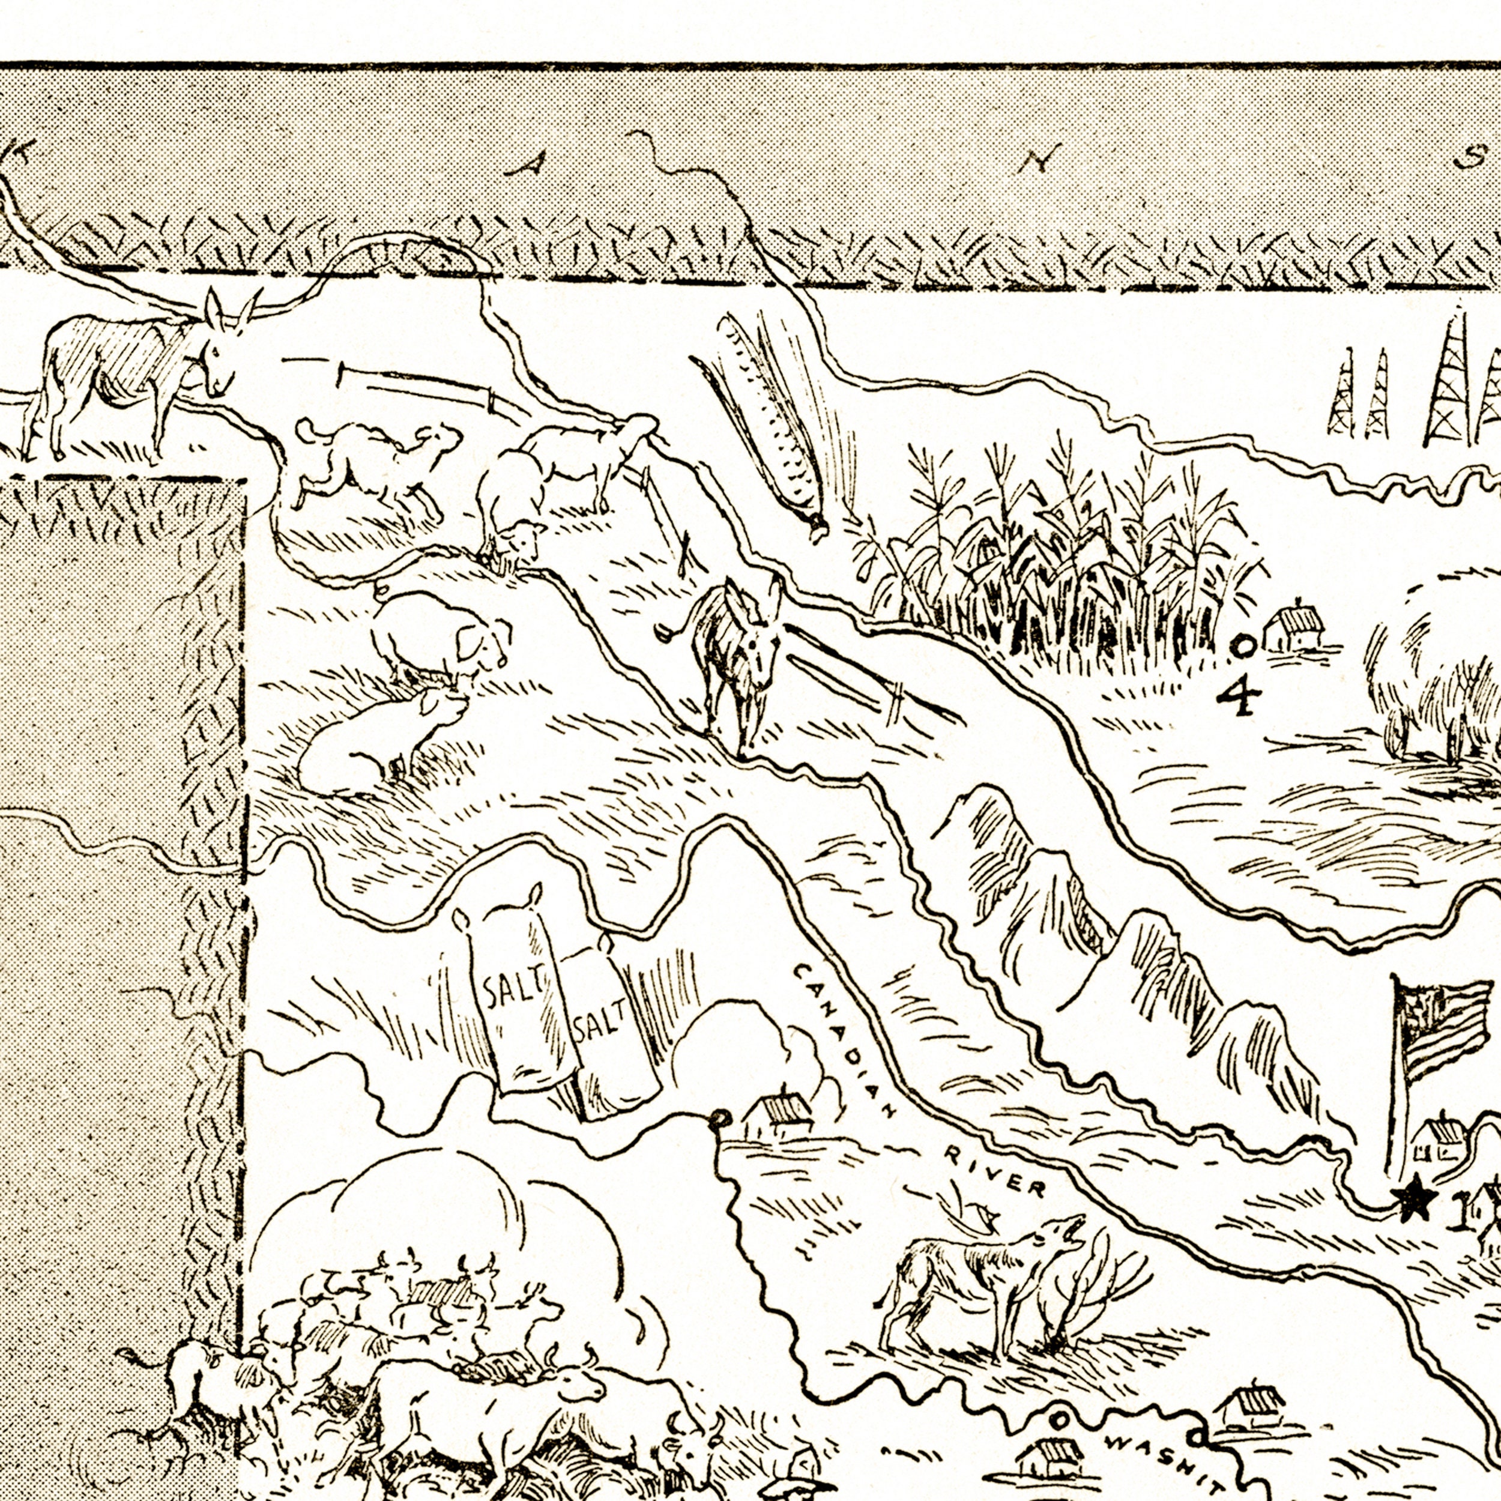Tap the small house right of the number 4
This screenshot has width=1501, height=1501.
pos(1294,629)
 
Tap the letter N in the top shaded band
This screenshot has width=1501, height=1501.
pos(1036,162)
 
